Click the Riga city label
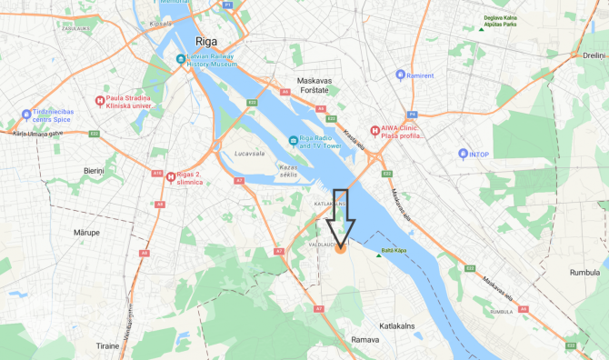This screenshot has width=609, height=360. coord(214,41)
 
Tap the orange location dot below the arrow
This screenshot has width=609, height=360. coord(341,247)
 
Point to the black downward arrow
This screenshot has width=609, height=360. coord(343,217)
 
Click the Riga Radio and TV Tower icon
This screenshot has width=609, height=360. coord(292,140)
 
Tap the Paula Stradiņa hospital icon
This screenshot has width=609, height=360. coord(100,100)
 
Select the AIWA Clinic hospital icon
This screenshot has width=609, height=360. coord(374,130)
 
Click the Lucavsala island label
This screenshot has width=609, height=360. coord(247,155)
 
